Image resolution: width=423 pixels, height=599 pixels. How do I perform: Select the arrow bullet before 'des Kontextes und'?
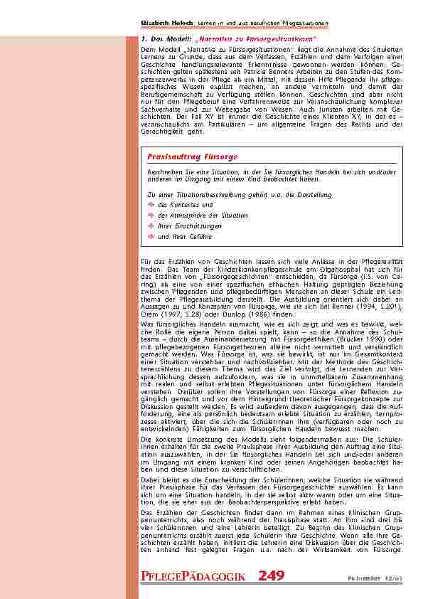point(151,204)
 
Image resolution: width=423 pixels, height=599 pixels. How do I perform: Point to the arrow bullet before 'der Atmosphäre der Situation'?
point(151,215)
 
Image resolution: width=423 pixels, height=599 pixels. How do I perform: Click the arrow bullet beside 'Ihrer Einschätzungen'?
point(151,226)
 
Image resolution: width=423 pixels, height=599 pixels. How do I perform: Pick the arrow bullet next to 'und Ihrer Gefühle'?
point(151,236)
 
